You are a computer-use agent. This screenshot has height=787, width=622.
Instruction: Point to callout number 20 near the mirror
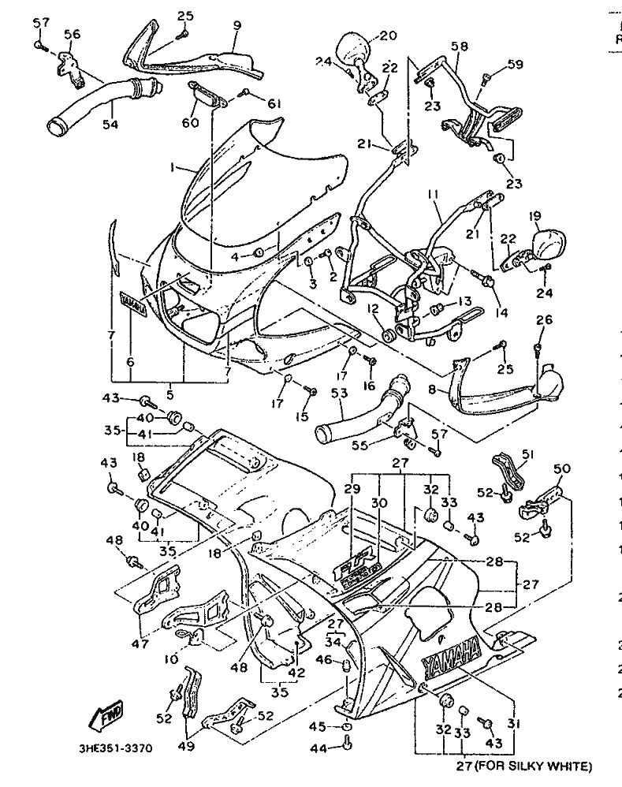[x=388, y=35]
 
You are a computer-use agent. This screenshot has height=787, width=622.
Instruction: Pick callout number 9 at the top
[x=236, y=25]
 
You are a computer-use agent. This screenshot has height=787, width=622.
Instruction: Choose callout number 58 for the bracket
[x=459, y=47]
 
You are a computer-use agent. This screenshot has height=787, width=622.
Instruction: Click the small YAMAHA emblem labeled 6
[x=133, y=304]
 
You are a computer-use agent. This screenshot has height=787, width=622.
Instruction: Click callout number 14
[x=501, y=311]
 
